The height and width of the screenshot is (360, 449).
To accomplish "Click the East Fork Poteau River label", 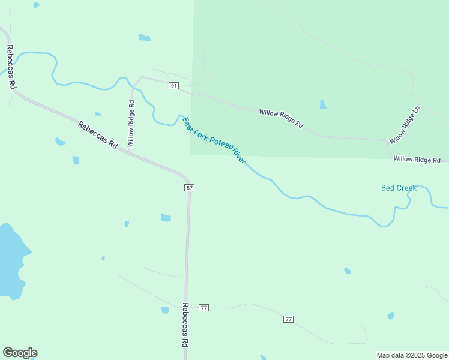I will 214,140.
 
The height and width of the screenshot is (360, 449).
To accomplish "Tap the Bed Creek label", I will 399,188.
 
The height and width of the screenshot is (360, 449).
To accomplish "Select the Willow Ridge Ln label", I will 405,125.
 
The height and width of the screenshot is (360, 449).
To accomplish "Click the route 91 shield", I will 173,86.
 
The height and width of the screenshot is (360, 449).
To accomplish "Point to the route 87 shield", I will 189,188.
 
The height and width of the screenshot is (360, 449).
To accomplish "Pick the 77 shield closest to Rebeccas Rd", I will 204,308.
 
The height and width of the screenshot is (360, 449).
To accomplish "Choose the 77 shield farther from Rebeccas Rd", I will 289,319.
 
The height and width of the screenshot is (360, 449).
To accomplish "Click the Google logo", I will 20,353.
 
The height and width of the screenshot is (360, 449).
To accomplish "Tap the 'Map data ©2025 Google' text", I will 412,355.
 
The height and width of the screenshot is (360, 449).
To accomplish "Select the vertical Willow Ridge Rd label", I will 131,124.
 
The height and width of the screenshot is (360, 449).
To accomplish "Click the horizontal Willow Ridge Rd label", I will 417,160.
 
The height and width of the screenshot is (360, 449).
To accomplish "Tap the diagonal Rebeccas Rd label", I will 97,135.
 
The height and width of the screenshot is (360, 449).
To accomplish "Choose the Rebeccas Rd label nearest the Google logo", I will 185,325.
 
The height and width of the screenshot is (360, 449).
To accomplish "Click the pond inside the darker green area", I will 324,105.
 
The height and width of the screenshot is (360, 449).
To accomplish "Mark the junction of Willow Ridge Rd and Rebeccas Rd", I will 127,151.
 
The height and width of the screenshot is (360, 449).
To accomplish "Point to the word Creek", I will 406,188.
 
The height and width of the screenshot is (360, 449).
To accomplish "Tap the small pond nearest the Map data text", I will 391,316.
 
